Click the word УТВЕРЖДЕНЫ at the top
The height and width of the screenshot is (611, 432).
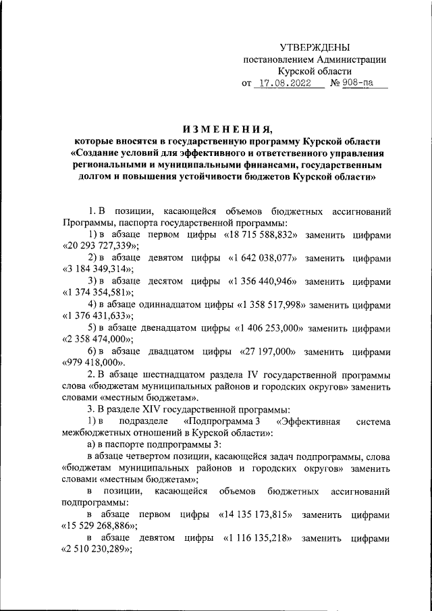coord(315,47)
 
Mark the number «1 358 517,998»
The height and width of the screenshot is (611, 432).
coord(273,304)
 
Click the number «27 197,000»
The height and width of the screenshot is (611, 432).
coord(265,352)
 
